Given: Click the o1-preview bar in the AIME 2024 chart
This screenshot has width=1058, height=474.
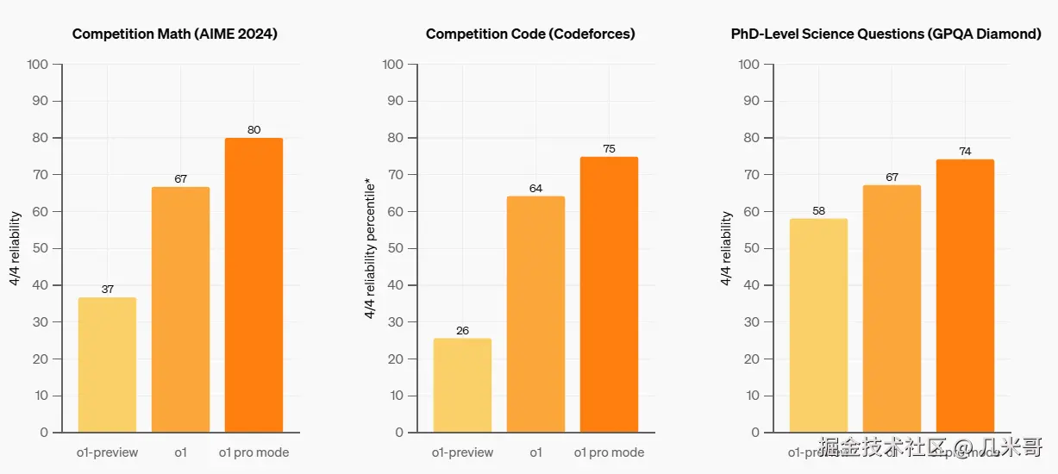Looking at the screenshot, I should [x=107, y=365].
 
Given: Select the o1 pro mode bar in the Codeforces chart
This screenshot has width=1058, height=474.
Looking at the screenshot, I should [x=609, y=294].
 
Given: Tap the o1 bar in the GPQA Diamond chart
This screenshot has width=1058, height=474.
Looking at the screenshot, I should [x=892, y=309].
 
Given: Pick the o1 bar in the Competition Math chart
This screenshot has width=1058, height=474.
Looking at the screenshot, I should [x=180, y=309].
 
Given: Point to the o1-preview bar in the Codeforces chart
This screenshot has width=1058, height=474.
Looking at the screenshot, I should [x=462, y=385].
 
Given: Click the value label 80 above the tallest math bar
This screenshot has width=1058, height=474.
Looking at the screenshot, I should [x=254, y=130].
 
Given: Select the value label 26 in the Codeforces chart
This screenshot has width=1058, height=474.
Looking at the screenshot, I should [x=462, y=331].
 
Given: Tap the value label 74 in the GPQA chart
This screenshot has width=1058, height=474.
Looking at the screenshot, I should [x=965, y=152].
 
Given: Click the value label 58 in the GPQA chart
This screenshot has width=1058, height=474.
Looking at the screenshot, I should [x=818, y=211].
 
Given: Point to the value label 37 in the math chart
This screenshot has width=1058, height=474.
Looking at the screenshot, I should [x=107, y=290].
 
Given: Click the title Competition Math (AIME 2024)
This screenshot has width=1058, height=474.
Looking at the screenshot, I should [x=175, y=34].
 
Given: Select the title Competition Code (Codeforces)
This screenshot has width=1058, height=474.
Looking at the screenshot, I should [x=530, y=34].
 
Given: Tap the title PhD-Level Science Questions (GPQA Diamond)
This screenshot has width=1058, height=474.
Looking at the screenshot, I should [x=886, y=34].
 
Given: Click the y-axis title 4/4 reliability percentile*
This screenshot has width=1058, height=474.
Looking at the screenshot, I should [x=370, y=249].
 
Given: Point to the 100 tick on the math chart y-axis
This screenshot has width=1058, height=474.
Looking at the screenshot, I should [x=38, y=65].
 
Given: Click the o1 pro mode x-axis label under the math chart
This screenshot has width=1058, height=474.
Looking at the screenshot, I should [x=254, y=452].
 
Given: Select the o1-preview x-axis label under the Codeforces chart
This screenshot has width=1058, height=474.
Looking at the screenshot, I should [x=462, y=452].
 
